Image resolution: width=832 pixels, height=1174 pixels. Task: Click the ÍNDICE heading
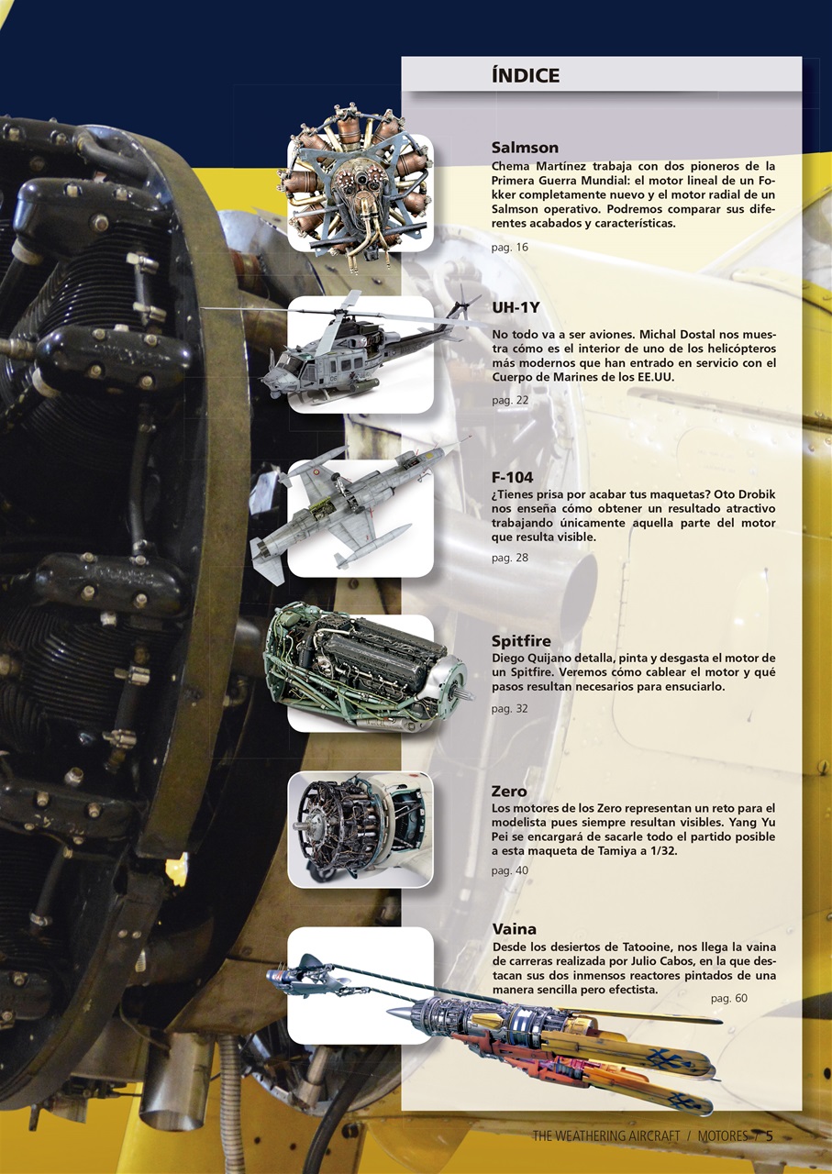(525, 75)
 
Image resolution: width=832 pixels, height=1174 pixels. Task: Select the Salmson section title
(525, 148)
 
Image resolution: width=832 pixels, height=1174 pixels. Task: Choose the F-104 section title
(512, 478)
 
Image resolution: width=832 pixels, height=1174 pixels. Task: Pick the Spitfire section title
(521, 641)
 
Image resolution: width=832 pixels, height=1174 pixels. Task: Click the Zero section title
(509, 791)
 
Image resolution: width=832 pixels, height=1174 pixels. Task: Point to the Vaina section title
(514, 929)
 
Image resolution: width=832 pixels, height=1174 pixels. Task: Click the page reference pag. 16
(509, 247)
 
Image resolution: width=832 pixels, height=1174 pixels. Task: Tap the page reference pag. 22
(509, 401)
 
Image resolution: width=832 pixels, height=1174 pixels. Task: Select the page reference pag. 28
(509, 558)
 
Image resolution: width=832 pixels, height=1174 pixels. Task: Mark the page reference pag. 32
(509, 709)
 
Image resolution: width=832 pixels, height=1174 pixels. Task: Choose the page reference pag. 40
(509, 870)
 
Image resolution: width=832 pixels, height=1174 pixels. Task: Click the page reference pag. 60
(728, 998)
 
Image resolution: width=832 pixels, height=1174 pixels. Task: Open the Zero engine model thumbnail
(360, 829)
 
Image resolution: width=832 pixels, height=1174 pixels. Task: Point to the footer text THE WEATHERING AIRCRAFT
(605, 1135)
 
